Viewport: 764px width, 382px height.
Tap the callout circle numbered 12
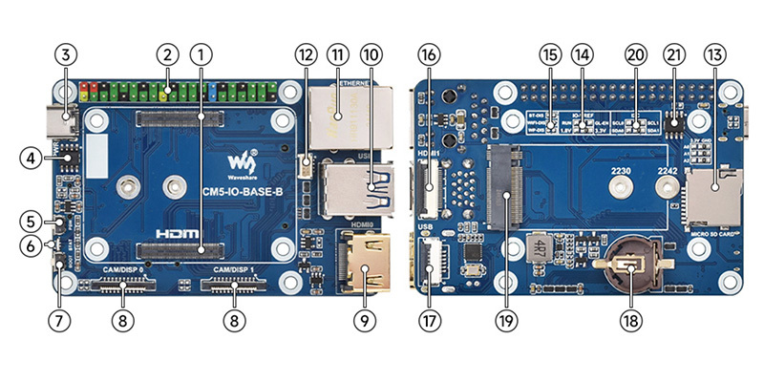(x=305, y=54)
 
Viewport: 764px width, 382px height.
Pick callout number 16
(x=429, y=54)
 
